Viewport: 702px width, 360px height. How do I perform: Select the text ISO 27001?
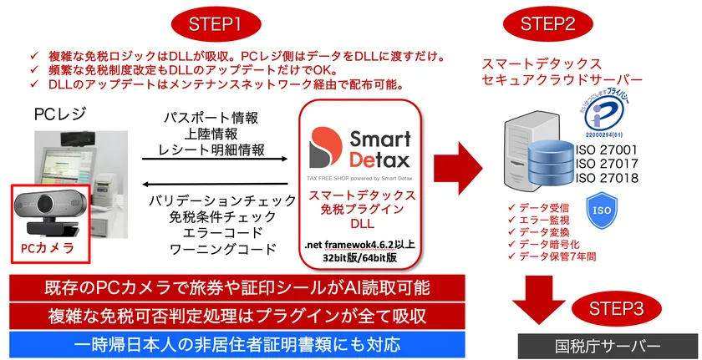pyautogui.click(x=608, y=150)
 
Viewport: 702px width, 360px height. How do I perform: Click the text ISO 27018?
pyautogui.click(x=608, y=178)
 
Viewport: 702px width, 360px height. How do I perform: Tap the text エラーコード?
pyautogui.click(x=221, y=232)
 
